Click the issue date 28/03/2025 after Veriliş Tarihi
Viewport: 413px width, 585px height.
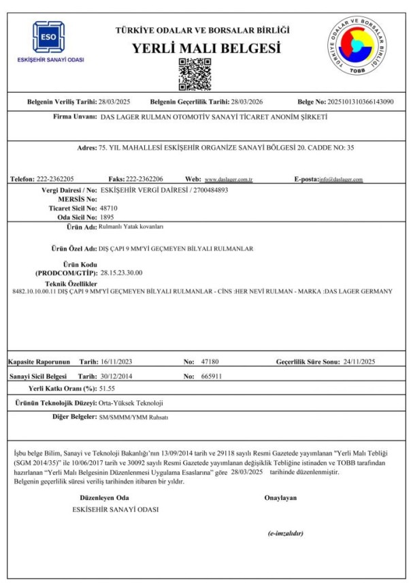click(114, 101)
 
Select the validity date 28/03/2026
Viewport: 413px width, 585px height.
click(247, 101)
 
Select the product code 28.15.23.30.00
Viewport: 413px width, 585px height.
click(121, 272)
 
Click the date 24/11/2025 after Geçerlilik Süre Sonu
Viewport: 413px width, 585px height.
click(368, 361)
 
